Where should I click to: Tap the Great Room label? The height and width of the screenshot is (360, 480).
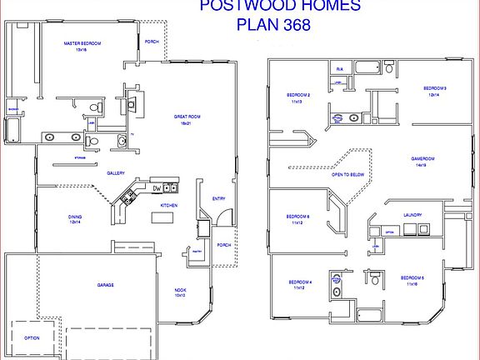[x=187, y=116]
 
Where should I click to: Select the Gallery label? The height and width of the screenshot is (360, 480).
[x=116, y=173]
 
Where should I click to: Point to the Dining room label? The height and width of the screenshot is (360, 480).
[x=75, y=217]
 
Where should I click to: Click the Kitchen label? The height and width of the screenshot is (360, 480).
[x=168, y=204]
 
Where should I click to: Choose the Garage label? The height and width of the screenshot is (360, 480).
[x=105, y=285]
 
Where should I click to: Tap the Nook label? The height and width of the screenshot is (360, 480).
[x=180, y=291]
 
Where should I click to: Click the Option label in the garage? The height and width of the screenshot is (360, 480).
[x=32, y=338]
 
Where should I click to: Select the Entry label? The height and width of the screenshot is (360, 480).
[x=218, y=198]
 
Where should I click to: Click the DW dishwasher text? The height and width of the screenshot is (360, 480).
[x=156, y=188]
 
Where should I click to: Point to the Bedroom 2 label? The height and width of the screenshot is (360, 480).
[x=299, y=95]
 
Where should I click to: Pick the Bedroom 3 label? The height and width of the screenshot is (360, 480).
[x=435, y=87]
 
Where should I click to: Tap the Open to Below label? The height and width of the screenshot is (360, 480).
[x=347, y=174]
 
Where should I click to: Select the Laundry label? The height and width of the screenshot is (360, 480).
[x=412, y=214]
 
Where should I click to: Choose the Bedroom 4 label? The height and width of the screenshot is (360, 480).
[x=300, y=282]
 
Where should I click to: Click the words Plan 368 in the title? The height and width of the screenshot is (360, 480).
[x=273, y=24]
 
